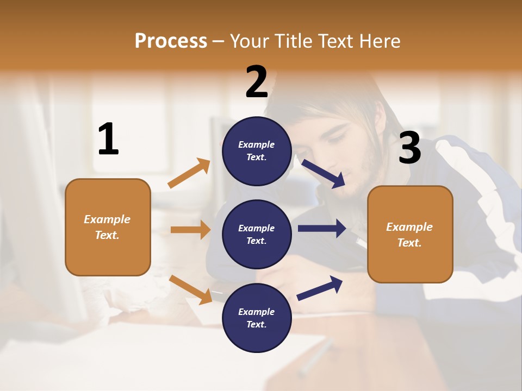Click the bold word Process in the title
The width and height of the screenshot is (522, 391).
(171, 41)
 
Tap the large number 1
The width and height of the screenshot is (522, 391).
(108, 140)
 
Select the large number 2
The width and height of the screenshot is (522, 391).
(257, 81)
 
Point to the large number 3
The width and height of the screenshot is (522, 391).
(409, 148)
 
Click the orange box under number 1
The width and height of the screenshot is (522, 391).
(108, 227)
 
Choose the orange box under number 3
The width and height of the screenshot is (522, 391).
(410, 235)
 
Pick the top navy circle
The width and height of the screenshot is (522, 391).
(257, 151)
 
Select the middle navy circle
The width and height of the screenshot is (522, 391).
(257, 234)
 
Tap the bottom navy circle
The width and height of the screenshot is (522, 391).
(257, 318)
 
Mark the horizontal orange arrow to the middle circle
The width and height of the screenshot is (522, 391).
(190, 230)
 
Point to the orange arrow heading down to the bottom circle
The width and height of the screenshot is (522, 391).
(191, 289)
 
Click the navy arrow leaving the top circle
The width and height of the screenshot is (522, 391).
(324, 174)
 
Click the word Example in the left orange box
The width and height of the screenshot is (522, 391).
(107, 219)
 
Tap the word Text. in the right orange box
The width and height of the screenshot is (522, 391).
(409, 243)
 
